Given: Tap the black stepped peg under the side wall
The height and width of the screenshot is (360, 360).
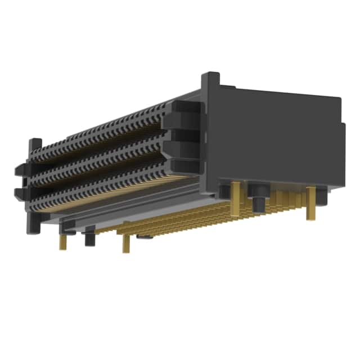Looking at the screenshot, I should [x=259, y=199].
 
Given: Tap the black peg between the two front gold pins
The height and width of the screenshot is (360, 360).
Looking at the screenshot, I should [x=89, y=237].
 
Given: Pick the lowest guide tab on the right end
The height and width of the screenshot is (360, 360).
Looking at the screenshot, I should [x=183, y=169].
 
